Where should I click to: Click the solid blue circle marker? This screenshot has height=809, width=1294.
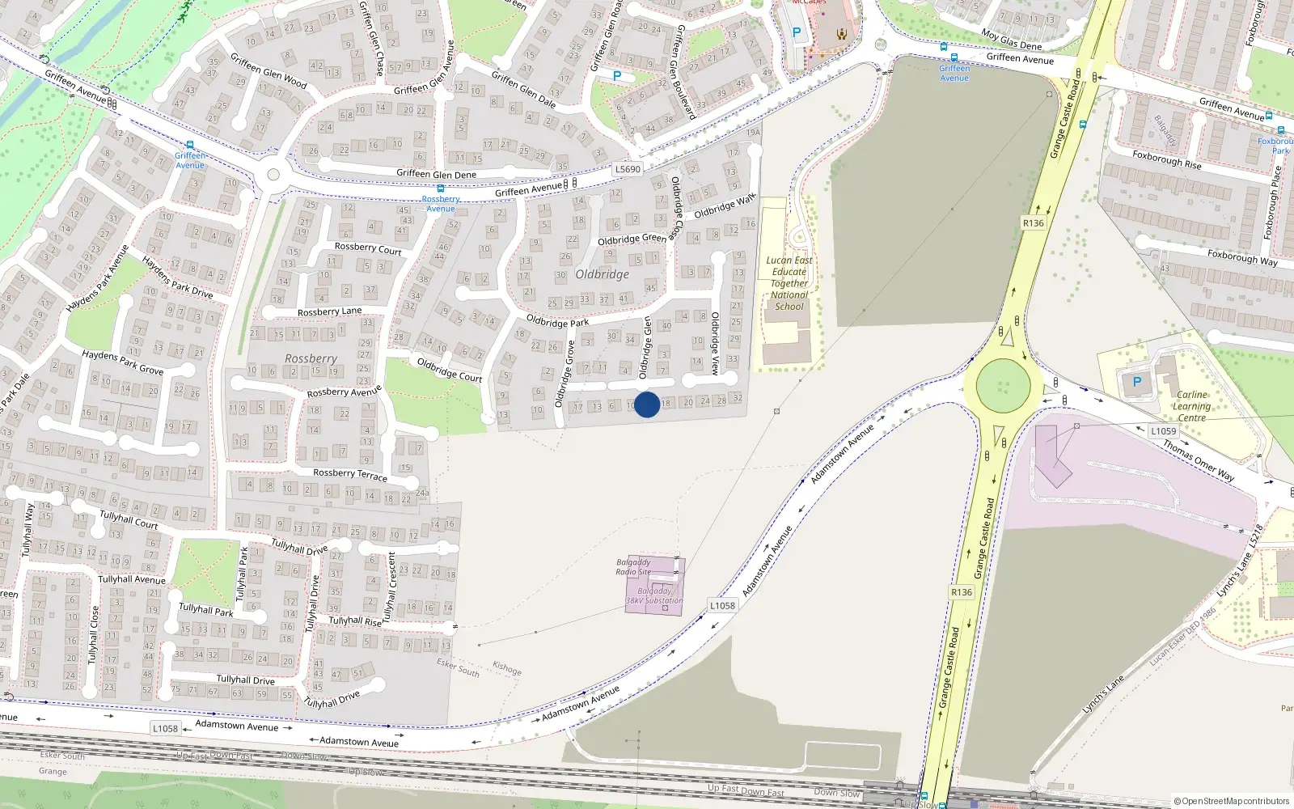647,404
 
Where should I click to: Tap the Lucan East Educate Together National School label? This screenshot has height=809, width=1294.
789,283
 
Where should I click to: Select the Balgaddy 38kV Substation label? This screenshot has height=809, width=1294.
654,596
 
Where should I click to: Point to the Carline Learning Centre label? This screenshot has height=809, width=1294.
1192,406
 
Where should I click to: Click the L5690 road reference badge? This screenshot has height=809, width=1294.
628,169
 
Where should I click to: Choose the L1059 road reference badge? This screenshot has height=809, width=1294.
1164,431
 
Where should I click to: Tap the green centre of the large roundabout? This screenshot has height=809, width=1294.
1003,386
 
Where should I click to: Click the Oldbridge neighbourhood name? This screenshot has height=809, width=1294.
603,274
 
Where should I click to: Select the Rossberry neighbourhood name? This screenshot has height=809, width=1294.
311,358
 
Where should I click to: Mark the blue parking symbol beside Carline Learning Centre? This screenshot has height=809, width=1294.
1137,382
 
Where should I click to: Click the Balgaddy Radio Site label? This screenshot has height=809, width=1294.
633,567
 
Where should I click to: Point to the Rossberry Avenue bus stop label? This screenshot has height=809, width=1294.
441,204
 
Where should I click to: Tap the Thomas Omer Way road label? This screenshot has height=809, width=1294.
1199,461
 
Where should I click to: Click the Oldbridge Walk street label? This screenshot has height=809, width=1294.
725,205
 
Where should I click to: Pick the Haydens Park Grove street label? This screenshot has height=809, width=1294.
123,362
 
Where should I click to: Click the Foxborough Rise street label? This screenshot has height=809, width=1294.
1166,159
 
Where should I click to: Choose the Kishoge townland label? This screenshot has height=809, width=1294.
507,668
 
